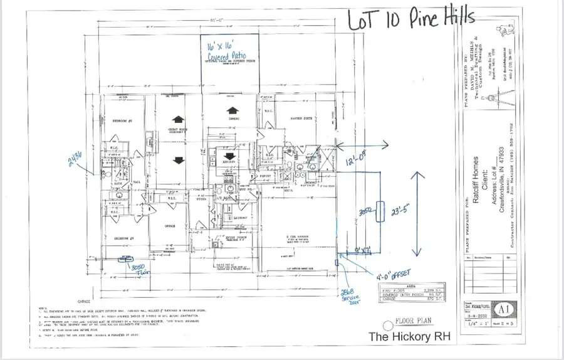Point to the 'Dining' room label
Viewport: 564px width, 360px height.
click(x=233, y=118)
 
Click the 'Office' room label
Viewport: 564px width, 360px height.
click(x=170, y=226)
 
